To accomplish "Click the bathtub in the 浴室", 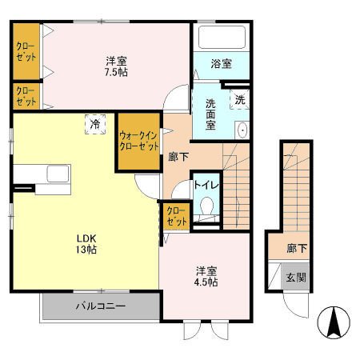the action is [x=222, y=37].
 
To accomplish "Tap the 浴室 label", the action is [x=222, y=64].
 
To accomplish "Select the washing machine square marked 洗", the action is [x=239, y=99].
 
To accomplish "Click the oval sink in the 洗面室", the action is [x=242, y=130].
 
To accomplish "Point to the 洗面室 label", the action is [x=210, y=114].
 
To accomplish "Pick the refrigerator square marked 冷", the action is [x=95, y=124].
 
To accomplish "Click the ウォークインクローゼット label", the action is [x=139, y=142].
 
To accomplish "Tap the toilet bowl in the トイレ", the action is [x=206, y=206].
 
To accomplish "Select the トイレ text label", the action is [x=206, y=185].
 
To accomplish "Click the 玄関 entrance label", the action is [x=296, y=278].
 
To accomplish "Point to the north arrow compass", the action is [x=334, y=322].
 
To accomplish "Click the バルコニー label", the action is [x=101, y=306].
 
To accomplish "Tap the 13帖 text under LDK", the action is [x=86, y=250].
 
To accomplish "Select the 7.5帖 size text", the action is [x=116, y=72].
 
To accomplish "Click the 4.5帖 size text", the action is [x=206, y=282].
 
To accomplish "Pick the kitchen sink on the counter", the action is [x=58, y=174].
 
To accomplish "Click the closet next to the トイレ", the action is [x=177, y=216].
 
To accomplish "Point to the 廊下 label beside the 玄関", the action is [x=297, y=249].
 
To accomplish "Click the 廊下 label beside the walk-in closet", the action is [x=178, y=157].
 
